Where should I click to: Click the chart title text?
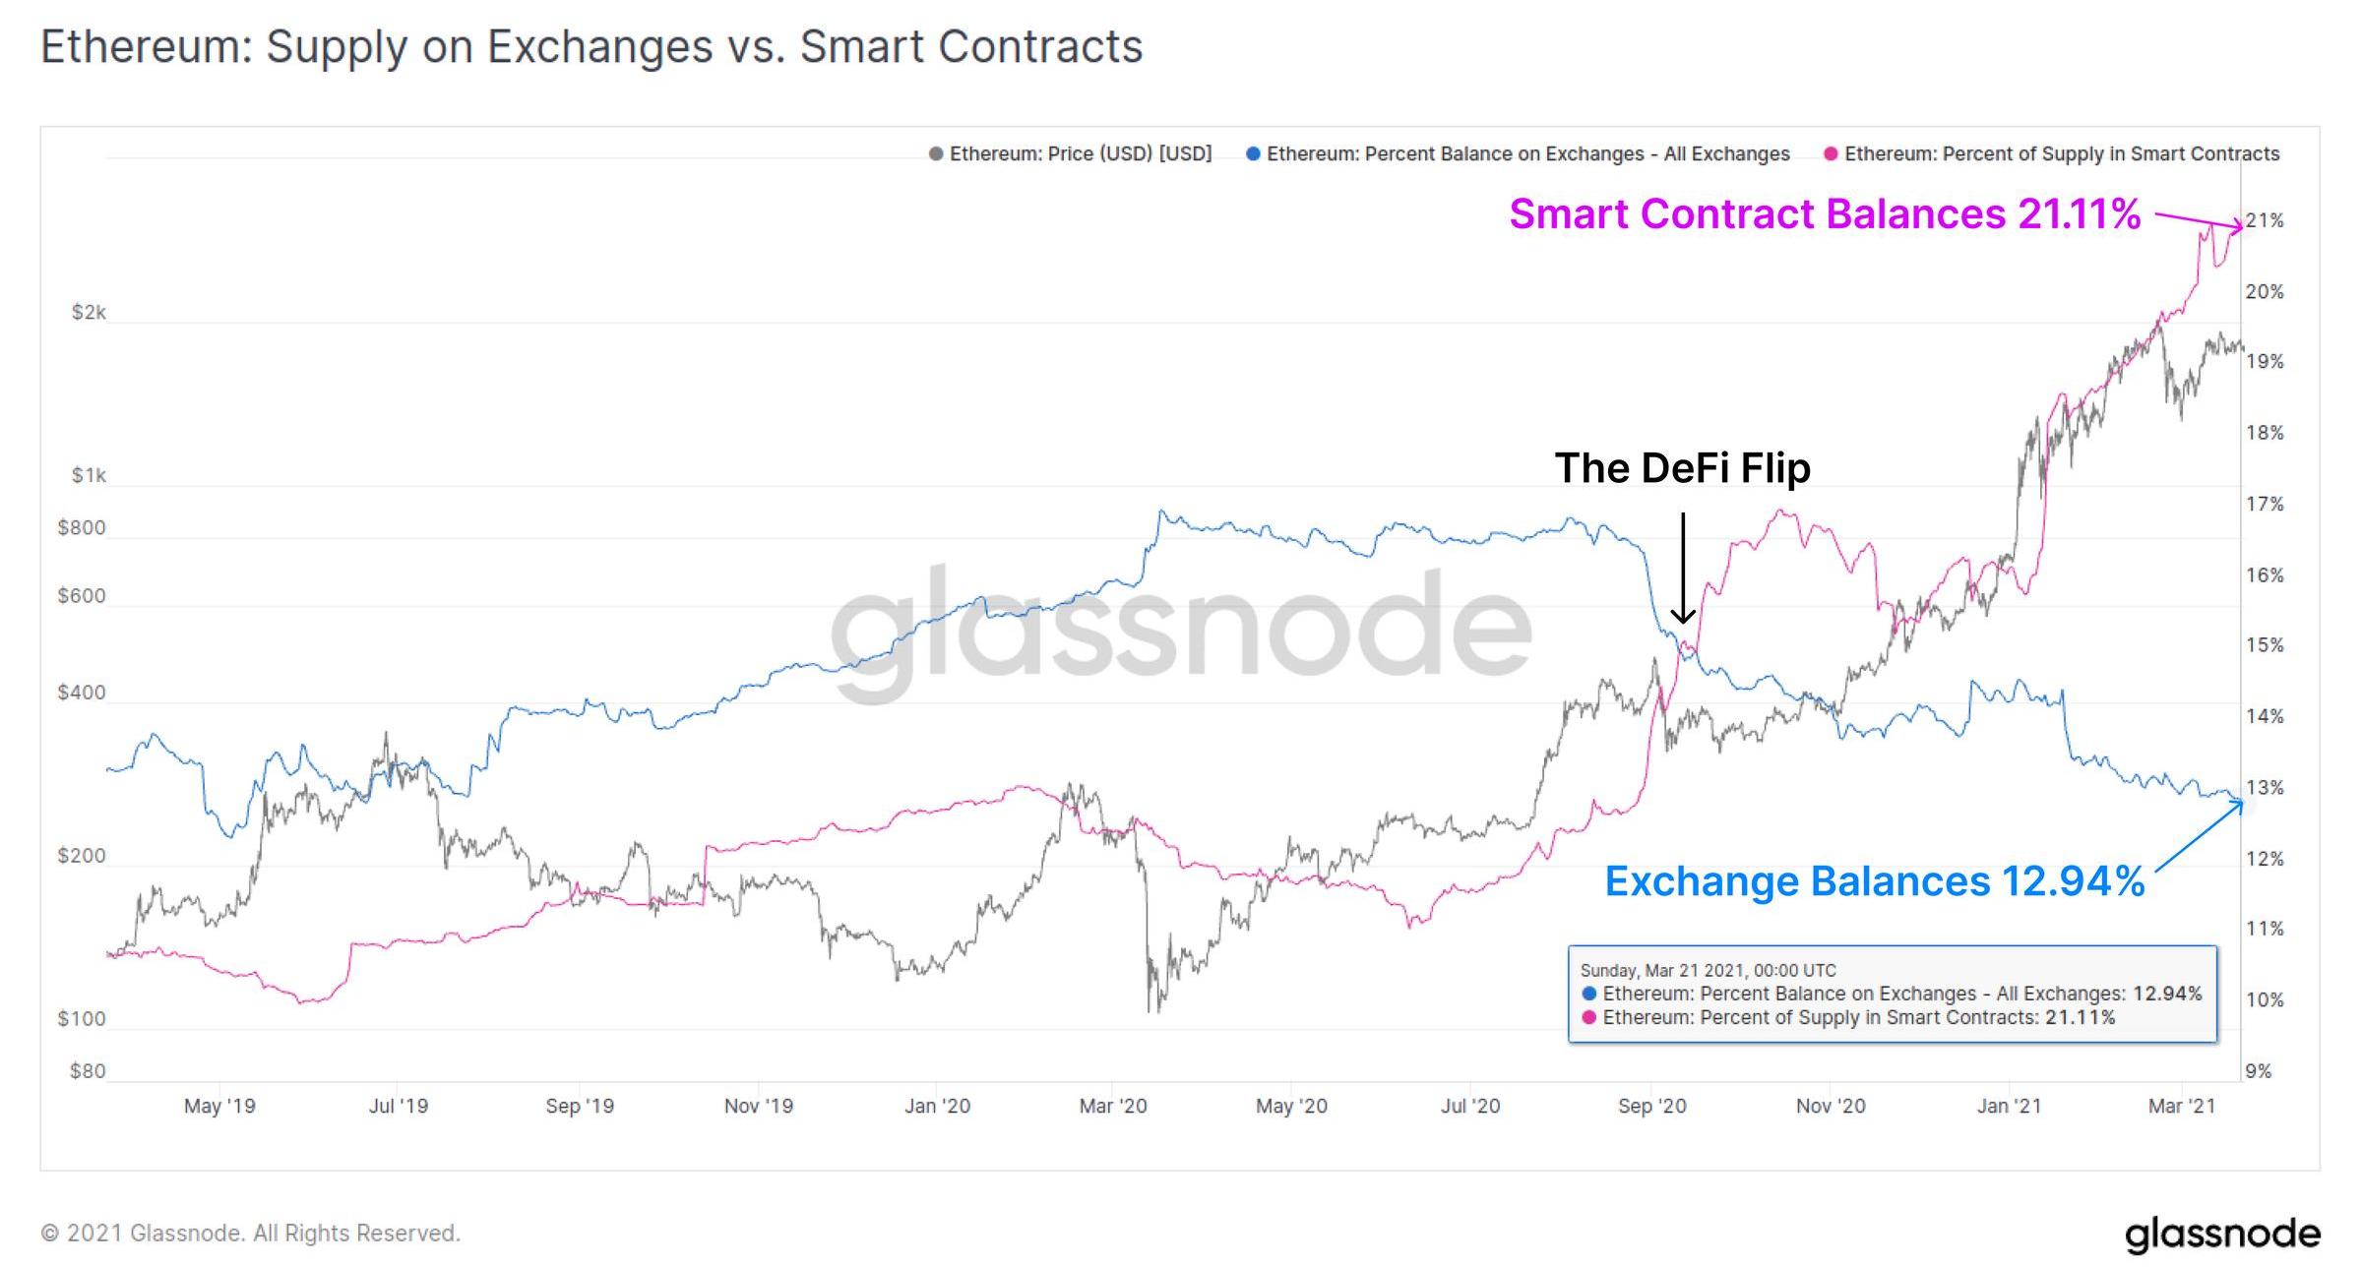click(x=590, y=46)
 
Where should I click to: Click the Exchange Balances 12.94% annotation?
click(x=1874, y=881)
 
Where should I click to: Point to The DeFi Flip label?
click(x=1682, y=468)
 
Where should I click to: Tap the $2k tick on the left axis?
click(x=89, y=313)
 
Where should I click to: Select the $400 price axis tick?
click(x=82, y=693)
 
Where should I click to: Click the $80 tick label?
click(x=88, y=1071)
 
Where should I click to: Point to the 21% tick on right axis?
click(x=2265, y=220)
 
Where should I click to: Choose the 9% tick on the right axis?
click(x=2259, y=1071)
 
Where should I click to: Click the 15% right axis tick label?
click(x=2265, y=645)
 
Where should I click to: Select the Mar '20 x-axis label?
click(x=1113, y=1107)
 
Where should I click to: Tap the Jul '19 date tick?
click(x=399, y=1107)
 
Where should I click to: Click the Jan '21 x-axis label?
click(x=2009, y=1107)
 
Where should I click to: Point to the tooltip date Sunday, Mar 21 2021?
click(x=1708, y=970)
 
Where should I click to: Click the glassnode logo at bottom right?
click(x=2222, y=1235)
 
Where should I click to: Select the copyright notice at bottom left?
click(x=250, y=1234)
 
